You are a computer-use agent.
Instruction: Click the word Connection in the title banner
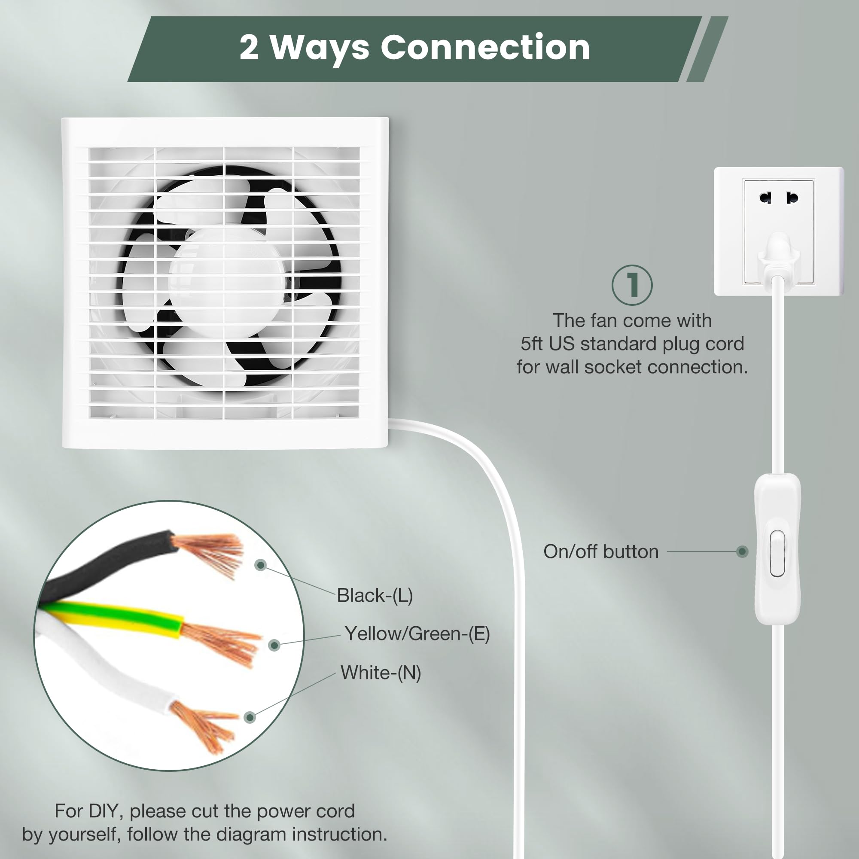coord(485,47)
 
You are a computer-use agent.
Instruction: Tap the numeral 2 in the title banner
coord(249,47)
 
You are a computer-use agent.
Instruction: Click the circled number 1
coord(632,285)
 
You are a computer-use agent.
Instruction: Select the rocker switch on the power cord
coord(777,553)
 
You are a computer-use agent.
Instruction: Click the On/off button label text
coord(601,551)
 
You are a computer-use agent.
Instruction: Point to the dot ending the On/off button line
coord(742,551)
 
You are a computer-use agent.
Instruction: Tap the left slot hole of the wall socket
coord(765,198)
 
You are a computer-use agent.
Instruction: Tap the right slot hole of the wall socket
coord(792,198)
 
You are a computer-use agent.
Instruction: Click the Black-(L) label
coord(375,595)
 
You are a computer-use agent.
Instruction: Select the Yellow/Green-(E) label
coord(417,634)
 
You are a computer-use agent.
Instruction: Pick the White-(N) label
coord(381,672)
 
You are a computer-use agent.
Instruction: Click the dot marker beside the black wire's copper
coord(261,565)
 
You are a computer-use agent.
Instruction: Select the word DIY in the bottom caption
coord(106,811)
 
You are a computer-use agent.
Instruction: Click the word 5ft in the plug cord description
coord(532,344)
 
